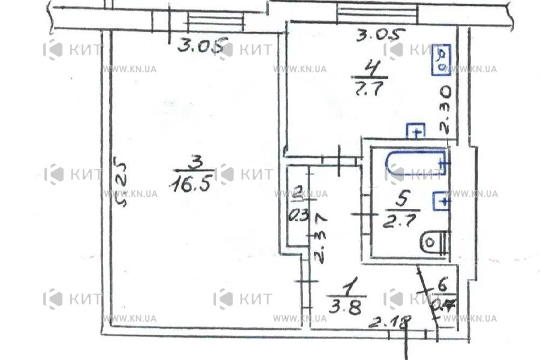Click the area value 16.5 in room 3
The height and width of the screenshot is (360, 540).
point(191,184)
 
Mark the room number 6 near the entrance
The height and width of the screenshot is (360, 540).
point(443,284)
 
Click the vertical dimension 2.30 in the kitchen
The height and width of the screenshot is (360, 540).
point(445,111)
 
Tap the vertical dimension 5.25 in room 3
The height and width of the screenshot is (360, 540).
point(122,183)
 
